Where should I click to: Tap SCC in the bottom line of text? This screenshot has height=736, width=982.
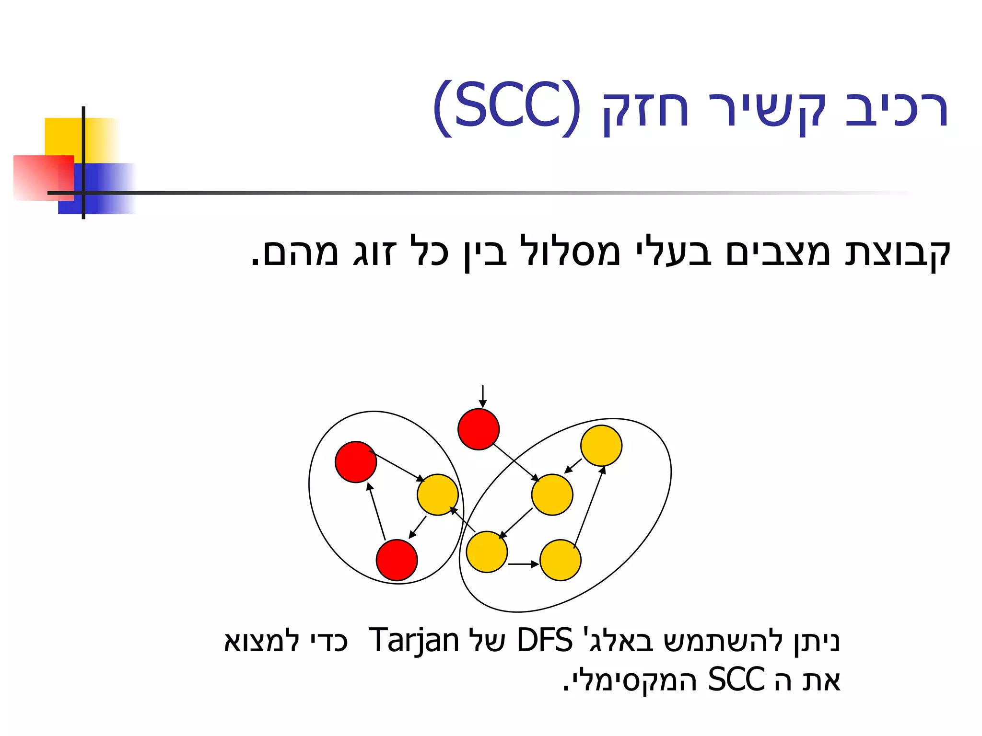click(x=736, y=679)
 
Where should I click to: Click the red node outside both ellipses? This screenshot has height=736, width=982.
click(x=479, y=429)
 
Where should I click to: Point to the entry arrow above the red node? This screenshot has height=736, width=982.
click(x=483, y=396)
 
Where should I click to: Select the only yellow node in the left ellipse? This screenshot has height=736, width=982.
click(x=437, y=494)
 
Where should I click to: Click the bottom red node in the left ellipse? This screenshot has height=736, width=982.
click(x=397, y=560)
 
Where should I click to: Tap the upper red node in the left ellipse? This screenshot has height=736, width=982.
click(x=356, y=462)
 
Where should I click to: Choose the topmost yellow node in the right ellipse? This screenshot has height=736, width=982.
click(x=601, y=446)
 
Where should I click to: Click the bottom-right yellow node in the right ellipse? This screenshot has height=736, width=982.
click(x=561, y=560)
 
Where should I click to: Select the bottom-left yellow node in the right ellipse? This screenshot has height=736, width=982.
click(x=487, y=552)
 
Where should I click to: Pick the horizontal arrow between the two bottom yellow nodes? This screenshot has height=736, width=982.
click(x=523, y=564)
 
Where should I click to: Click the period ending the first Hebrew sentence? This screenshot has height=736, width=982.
click(x=256, y=263)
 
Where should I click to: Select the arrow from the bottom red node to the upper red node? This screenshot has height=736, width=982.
click(x=376, y=511)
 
